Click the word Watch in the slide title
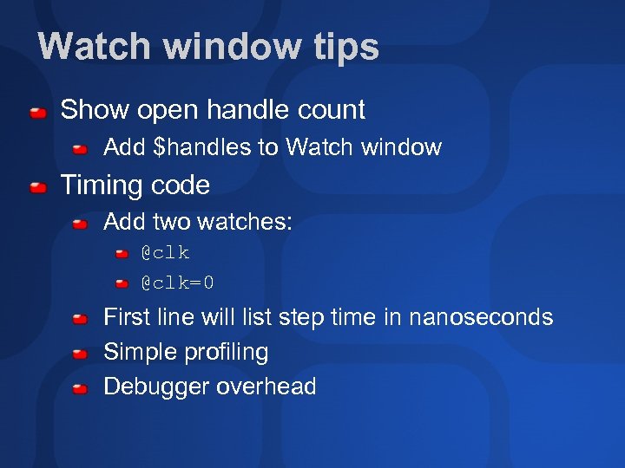pyautogui.click(x=93, y=46)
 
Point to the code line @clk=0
pyautogui.click(x=178, y=283)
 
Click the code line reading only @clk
pyautogui.click(x=165, y=253)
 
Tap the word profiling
pyautogui.click(x=227, y=352)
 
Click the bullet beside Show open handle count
pyautogui.click(x=37, y=112)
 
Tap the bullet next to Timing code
pyautogui.click(x=37, y=187)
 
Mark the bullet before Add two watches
pyautogui.click(x=80, y=224)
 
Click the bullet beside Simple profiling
pyautogui.click(x=80, y=354)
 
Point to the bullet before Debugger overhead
pyautogui.click(x=80, y=388)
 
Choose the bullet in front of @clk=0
pyautogui.click(x=122, y=283)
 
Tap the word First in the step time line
pyautogui.click(x=127, y=317)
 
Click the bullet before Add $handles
pyautogui.click(x=80, y=149)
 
